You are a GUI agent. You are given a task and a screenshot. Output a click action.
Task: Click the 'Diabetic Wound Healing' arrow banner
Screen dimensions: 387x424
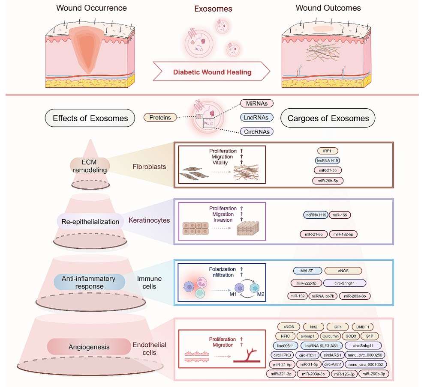[212, 72]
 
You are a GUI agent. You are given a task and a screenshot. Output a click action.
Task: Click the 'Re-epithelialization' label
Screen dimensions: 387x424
[90, 222]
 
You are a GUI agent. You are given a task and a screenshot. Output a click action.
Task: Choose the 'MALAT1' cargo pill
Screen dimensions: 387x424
[307, 271]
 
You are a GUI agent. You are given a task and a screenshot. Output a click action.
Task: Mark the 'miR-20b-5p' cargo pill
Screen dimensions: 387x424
[328, 180]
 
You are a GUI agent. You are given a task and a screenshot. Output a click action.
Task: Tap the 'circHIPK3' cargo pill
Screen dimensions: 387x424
[281, 355]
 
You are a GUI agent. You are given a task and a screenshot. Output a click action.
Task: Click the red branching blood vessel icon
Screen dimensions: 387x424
[249, 356]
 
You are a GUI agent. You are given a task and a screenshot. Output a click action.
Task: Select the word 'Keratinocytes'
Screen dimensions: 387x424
[150, 220]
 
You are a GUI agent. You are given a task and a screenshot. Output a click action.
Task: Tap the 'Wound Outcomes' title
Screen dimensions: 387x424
[328, 8]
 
